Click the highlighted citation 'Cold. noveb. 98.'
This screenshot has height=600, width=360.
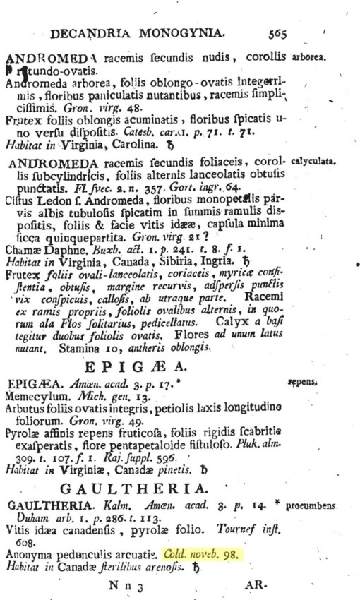202,554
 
